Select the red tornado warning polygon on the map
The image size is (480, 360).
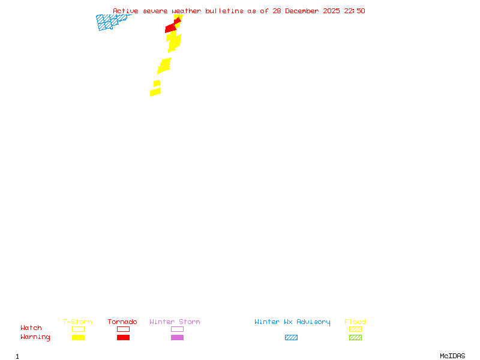click(172, 27)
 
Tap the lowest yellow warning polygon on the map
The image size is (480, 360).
click(155, 92)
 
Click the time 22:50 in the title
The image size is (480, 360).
click(355, 11)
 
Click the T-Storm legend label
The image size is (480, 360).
click(77, 322)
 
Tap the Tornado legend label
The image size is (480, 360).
click(122, 322)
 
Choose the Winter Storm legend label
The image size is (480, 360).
click(175, 322)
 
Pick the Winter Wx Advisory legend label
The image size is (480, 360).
click(292, 322)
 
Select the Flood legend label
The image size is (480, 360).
click(355, 322)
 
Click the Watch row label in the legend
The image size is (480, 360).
click(31, 328)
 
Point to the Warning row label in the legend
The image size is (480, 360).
click(35, 337)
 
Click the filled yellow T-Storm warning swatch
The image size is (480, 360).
click(78, 337)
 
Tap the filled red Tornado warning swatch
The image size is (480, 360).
click(123, 337)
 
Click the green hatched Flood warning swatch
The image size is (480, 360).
click(355, 337)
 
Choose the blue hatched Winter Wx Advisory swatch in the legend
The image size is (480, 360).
click(291, 337)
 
